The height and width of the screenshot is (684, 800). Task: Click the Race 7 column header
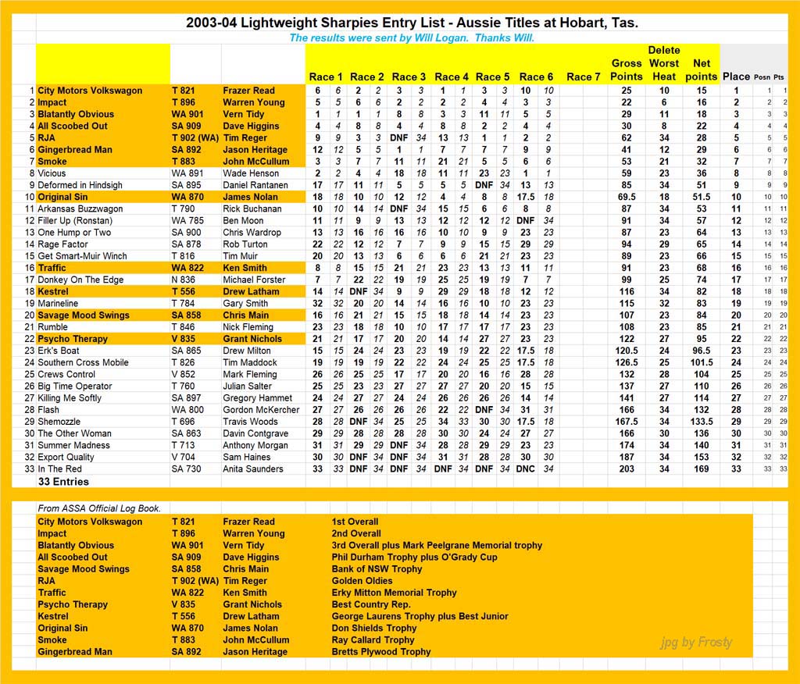point(584,77)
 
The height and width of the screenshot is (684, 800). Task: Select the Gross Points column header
point(626,70)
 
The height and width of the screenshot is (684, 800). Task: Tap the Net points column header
point(701,70)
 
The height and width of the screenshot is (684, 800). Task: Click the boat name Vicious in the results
point(52,173)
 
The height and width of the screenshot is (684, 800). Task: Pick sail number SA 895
point(187,185)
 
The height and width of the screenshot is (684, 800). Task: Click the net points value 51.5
point(701,197)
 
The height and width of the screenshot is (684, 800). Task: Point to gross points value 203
point(626,468)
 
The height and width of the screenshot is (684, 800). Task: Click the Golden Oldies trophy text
point(362,581)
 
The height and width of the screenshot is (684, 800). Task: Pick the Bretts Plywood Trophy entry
point(380,651)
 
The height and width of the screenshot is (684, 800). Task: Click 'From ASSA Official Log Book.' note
point(99,508)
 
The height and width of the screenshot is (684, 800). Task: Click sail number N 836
point(184,280)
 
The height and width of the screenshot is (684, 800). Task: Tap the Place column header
point(736,77)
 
